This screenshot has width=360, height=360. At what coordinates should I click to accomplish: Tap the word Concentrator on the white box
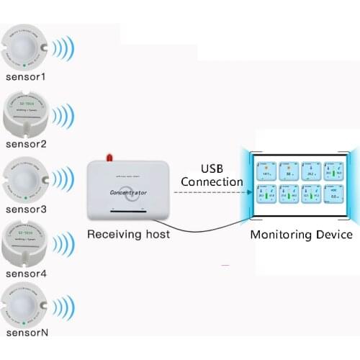pos(130,192)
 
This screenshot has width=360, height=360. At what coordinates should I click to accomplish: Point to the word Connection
pos(212,181)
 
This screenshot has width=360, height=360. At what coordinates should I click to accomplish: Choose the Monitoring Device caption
pos(301,235)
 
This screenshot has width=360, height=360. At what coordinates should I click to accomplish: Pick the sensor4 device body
pos(27,244)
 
